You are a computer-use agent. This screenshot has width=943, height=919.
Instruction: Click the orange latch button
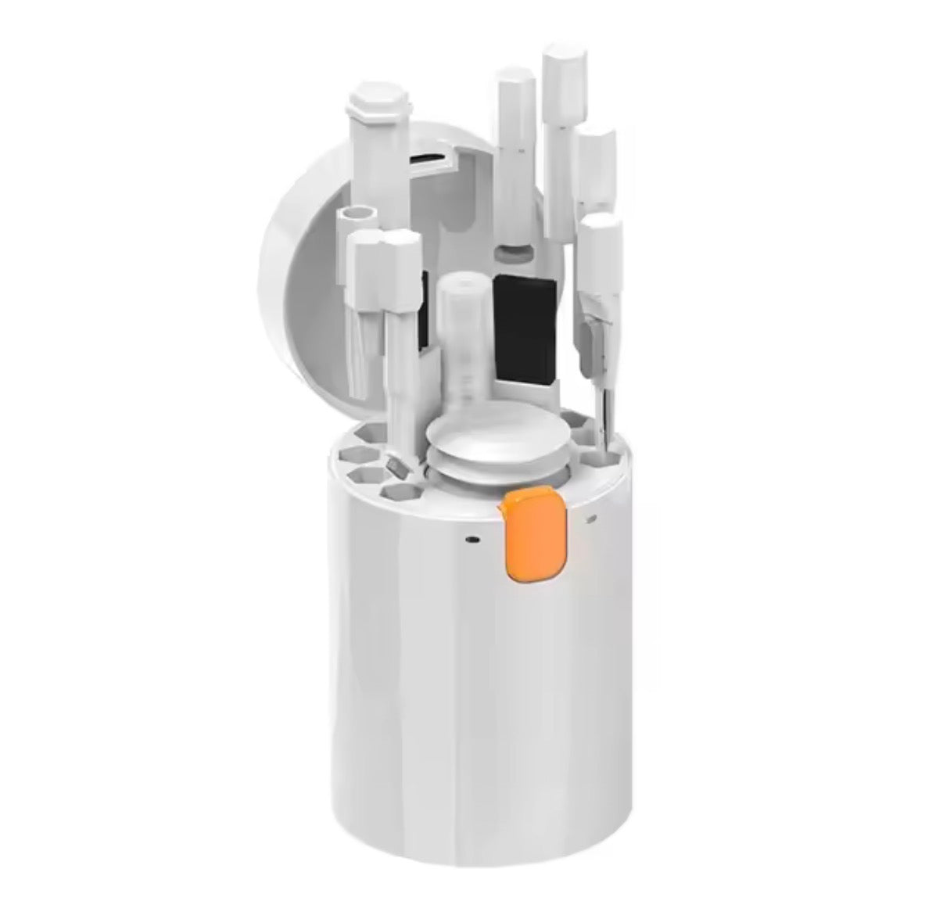536,536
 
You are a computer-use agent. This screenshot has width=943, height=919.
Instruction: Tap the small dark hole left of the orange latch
472,539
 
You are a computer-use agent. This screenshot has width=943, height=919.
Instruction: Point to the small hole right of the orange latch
591,517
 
